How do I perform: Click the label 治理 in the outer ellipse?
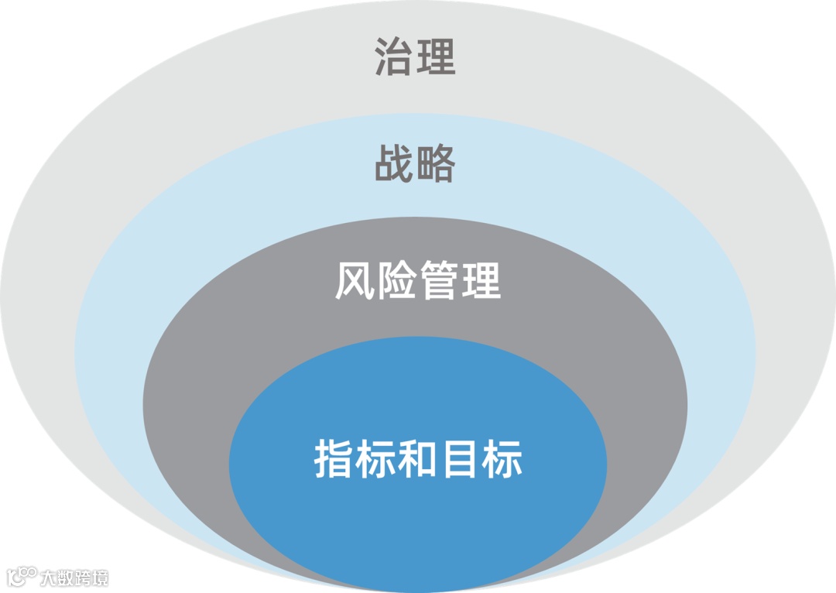click(x=415, y=57)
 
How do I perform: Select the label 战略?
click(x=415, y=163)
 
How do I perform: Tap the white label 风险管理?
click(x=418, y=281)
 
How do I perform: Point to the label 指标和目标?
click(x=418, y=459)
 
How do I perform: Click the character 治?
click(x=395, y=57)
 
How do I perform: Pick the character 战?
click(x=395, y=163)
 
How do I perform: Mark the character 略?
click(x=436, y=163)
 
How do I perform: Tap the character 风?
click(x=355, y=281)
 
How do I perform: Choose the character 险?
click(x=396, y=281)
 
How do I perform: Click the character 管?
click(x=439, y=281)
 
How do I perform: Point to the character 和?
click(x=418, y=459)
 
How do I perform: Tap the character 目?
click(x=460, y=459)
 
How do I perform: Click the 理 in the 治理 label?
click(x=436, y=57)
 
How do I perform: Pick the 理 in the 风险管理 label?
click(x=481, y=281)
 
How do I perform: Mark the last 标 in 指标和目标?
click(x=502, y=459)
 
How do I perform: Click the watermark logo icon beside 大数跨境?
click(x=21, y=577)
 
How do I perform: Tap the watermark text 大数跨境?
click(x=74, y=578)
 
